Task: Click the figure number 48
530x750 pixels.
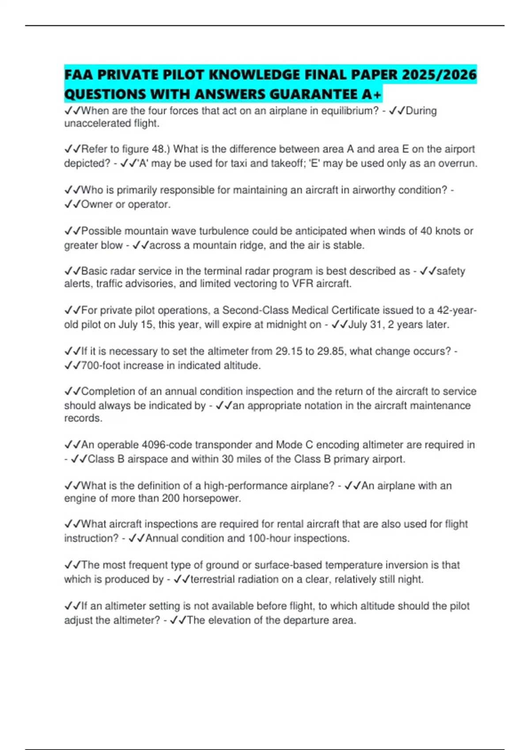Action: click(158, 149)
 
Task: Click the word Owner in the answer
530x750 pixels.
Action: click(97, 204)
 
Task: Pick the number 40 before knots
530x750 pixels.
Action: click(426, 231)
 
